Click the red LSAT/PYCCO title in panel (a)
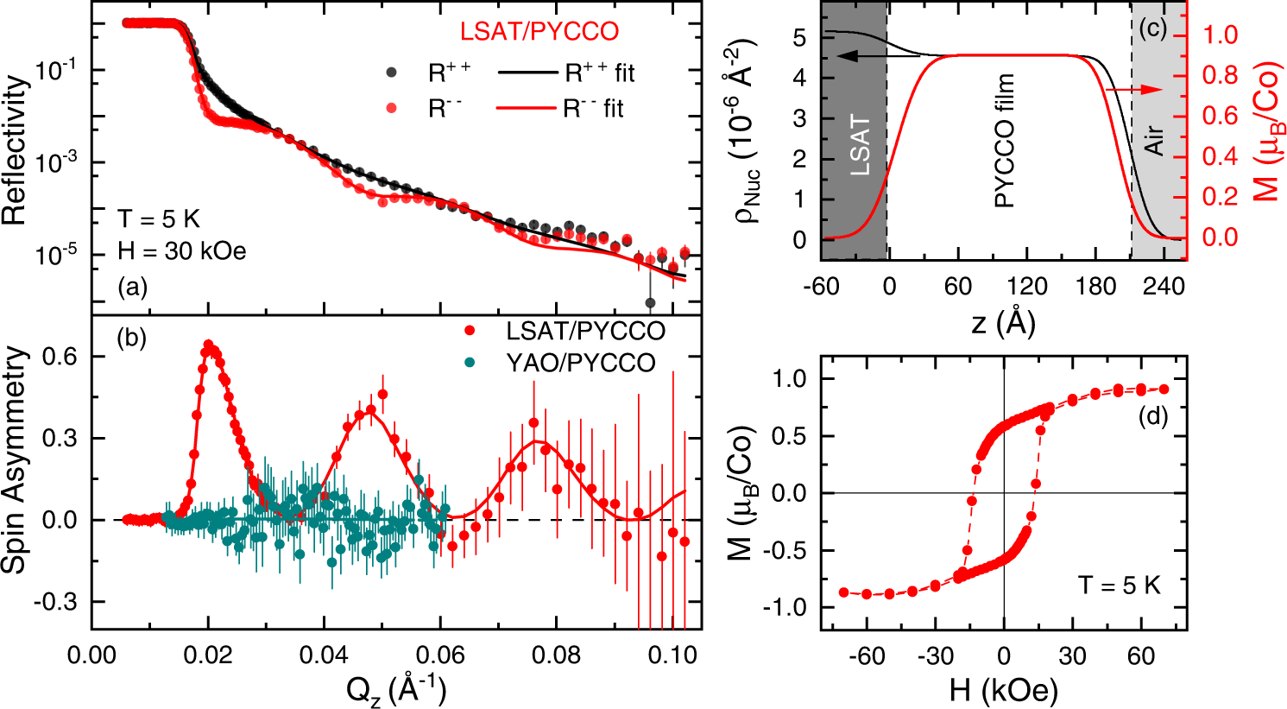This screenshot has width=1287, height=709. (539, 32)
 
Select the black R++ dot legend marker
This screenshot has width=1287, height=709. (392, 73)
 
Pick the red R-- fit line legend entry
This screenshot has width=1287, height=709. (527, 108)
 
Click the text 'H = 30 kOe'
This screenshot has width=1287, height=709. (182, 251)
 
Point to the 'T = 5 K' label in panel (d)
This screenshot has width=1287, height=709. (1119, 586)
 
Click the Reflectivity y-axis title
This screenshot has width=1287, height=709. (16, 151)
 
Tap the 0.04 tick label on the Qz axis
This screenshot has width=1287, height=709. (324, 655)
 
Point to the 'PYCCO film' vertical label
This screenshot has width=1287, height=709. (1005, 141)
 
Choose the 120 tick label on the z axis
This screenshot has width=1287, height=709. (1027, 286)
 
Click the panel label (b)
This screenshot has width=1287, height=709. (132, 339)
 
